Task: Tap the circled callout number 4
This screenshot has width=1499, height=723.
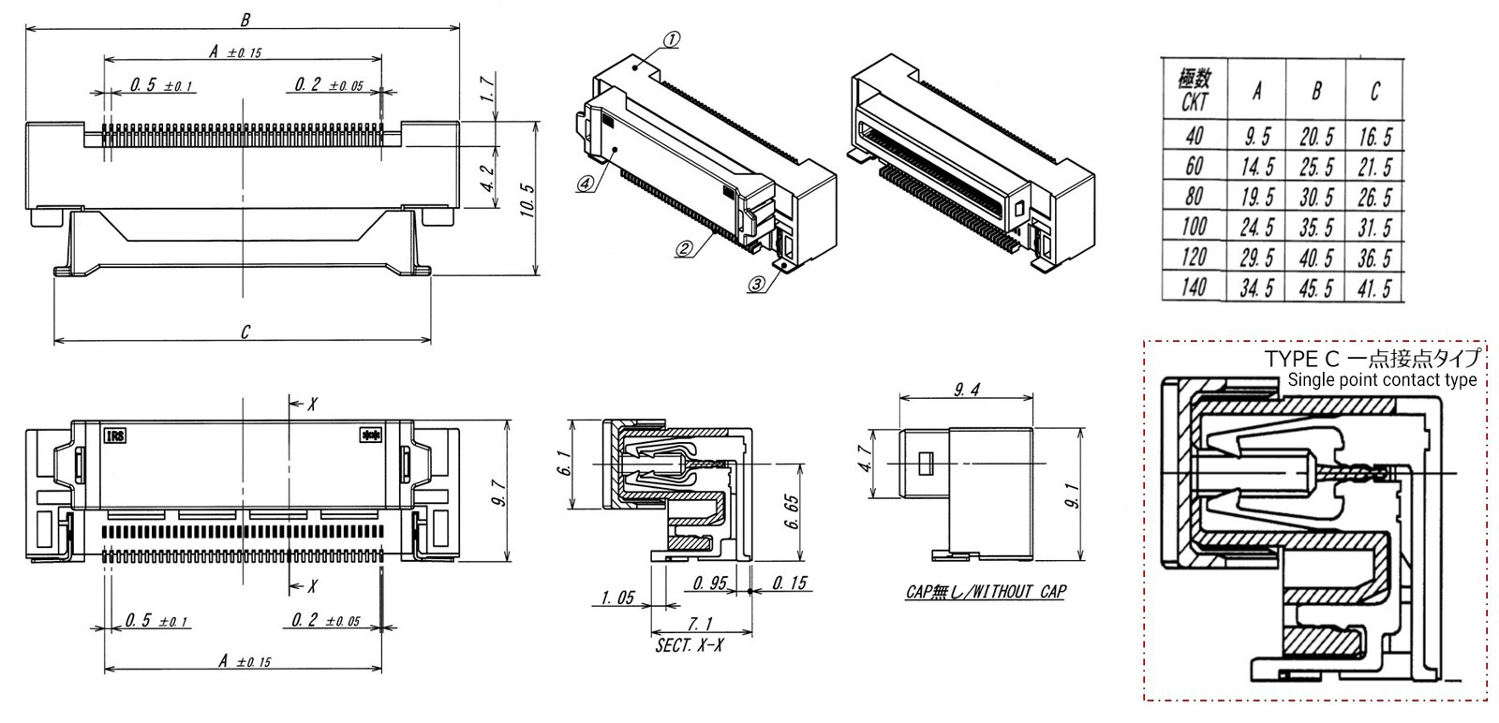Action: click(585, 184)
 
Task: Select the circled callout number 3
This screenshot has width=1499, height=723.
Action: click(756, 284)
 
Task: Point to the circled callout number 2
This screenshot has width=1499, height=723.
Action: click(684, 248)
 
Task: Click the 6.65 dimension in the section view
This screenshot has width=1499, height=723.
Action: click(793, 511)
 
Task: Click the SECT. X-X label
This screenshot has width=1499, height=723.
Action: click(690, 646)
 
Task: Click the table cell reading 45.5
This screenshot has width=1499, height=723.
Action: click(1316, 288)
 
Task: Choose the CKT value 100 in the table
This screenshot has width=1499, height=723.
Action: click(1194, 228)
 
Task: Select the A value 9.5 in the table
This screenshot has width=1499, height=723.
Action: click(1257, 138)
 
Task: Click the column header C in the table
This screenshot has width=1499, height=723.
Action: click(1374, 91)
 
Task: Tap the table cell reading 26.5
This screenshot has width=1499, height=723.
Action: click(1374, 198)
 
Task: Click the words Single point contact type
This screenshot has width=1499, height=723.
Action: click(1382, 380)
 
